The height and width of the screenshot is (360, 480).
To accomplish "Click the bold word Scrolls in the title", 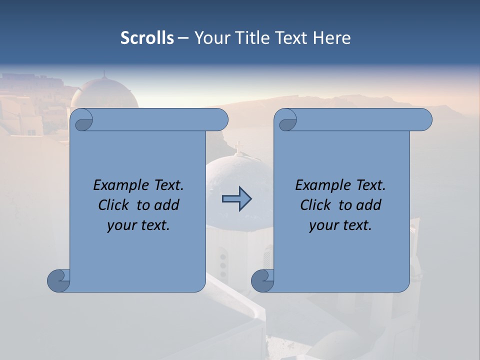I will click(x=147, y=38).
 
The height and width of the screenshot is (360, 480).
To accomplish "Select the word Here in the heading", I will click(x=332, y=38).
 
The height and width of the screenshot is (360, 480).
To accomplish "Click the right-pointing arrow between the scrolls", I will click(x=236, y=198).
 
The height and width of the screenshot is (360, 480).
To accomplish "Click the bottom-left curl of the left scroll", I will click(x=58, y=280).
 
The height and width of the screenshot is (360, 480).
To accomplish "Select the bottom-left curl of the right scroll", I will click(x=262, y=280).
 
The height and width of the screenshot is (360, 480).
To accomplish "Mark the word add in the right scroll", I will click(x=369, y=205).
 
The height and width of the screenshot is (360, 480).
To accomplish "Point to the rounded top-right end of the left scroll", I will click(x=220, y=119).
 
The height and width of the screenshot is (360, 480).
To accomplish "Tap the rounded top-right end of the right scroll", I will click(x=424, y=119).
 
